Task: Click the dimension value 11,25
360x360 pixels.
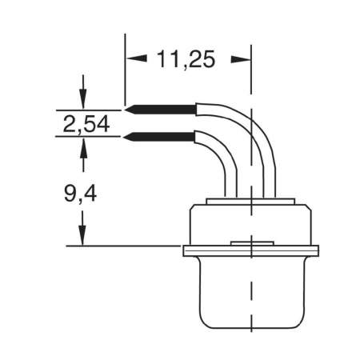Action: pyautogui.click(x=187, y=60)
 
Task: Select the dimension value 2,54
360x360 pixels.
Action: pyautogui.click(x=86, y=123)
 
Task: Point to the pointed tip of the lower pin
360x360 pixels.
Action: pyautogui.click(x=125, y=137)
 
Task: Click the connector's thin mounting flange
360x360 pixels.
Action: pyautogui.click(x=200, y=250)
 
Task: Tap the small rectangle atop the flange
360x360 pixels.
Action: pyautogui.click(x=250, y=242)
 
